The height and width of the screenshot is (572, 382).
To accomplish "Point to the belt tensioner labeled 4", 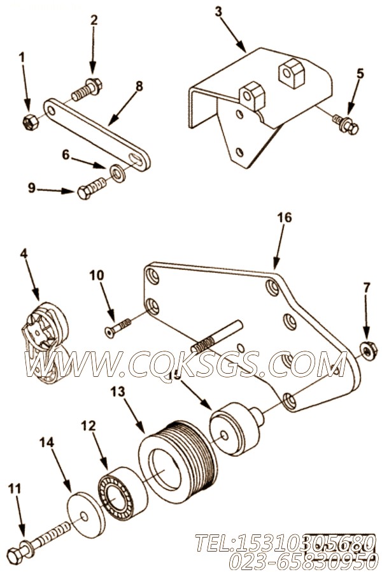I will coord(45,343).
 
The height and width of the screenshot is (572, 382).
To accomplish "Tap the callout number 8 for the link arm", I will coord(139,85).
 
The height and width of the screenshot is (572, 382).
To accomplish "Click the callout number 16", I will coord(284,218).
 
